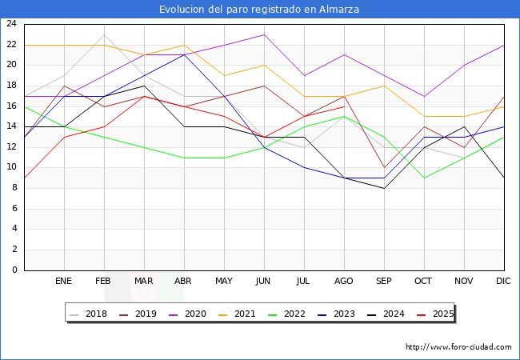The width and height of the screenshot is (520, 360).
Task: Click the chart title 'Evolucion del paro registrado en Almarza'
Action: pyautogui.click(x=259, y=10)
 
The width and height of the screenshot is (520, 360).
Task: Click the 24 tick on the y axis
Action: pyautogui.click(x=11, y=24)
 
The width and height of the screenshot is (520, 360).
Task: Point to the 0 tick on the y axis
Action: pyautogui.click(x=14, y=270)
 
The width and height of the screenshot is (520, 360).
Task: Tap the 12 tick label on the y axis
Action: pyautogui.click(x=11, y=147)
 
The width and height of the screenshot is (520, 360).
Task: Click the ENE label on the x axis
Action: pyautogui.click(x=64, y=282)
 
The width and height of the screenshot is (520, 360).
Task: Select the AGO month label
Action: pyautogui.click(x=344, y=282)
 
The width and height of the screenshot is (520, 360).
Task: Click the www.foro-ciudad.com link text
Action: pyautogui.click(x=458, y=347)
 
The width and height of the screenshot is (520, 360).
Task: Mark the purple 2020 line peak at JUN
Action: pyautogui.click(x=264, y=34)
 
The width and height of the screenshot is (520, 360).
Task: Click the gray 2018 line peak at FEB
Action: pyautogui.click(x=104, y=34)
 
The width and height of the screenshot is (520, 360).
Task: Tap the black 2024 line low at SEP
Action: pyautogui.click(x=384, y=188)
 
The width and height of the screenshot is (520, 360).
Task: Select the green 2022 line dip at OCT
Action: pyautogui.click(x=424, y=178)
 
